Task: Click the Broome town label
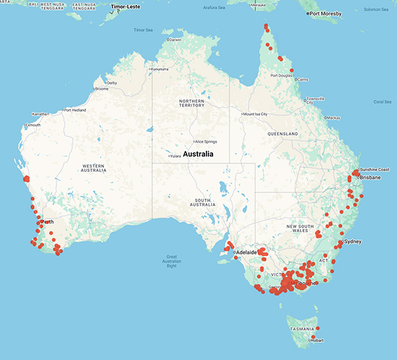102,89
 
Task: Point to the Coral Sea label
382,101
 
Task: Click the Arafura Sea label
224,7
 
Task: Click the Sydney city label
353,242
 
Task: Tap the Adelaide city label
247,253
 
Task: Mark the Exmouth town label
32,125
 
